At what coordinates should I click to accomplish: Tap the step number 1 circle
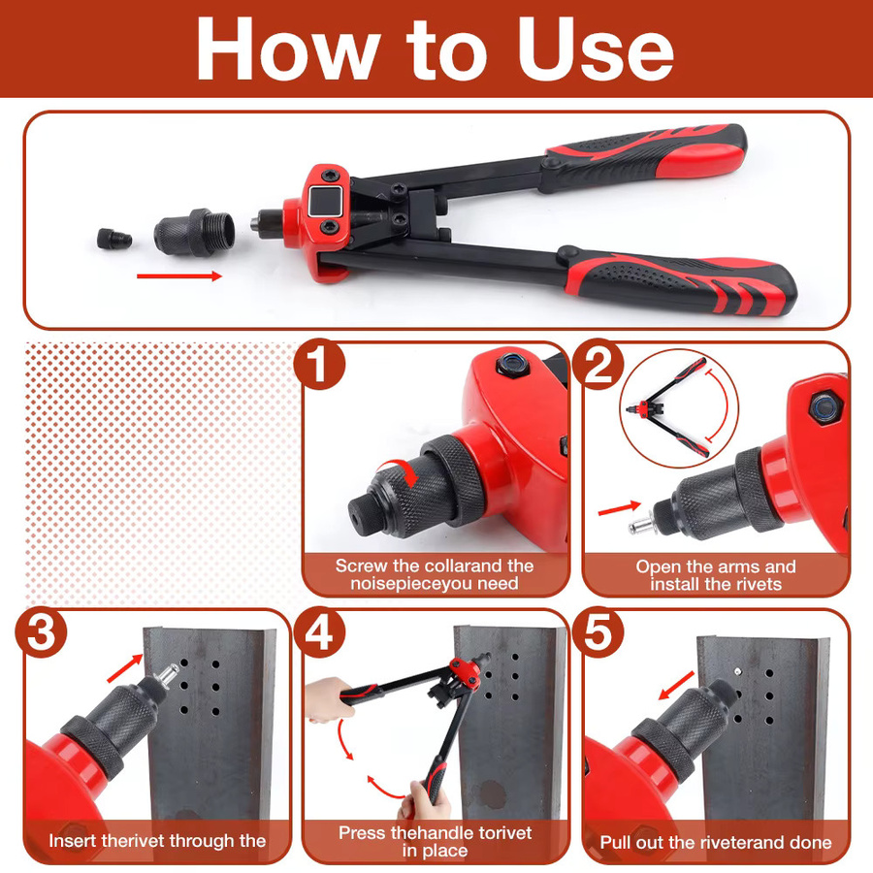pos(319,365)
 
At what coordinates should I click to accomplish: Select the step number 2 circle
pos(598,365)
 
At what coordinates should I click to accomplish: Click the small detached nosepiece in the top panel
pos(114,239)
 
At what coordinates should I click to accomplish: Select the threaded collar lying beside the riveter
pos(194,232)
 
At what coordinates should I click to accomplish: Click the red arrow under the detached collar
pos(179,275)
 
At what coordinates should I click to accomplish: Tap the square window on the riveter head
pos(325,202)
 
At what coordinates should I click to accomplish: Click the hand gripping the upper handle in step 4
pos(329,697)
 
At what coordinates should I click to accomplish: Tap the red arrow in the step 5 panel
pos(676,686)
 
